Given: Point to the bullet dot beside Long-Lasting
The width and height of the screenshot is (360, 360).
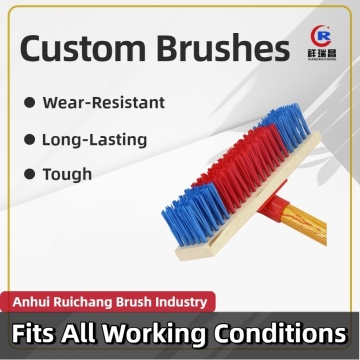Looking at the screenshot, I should [x=34, y=138].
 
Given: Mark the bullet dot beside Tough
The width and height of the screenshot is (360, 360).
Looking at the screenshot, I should [x=34, y=175].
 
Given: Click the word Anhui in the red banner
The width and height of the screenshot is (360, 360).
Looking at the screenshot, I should [x=34, y=299].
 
